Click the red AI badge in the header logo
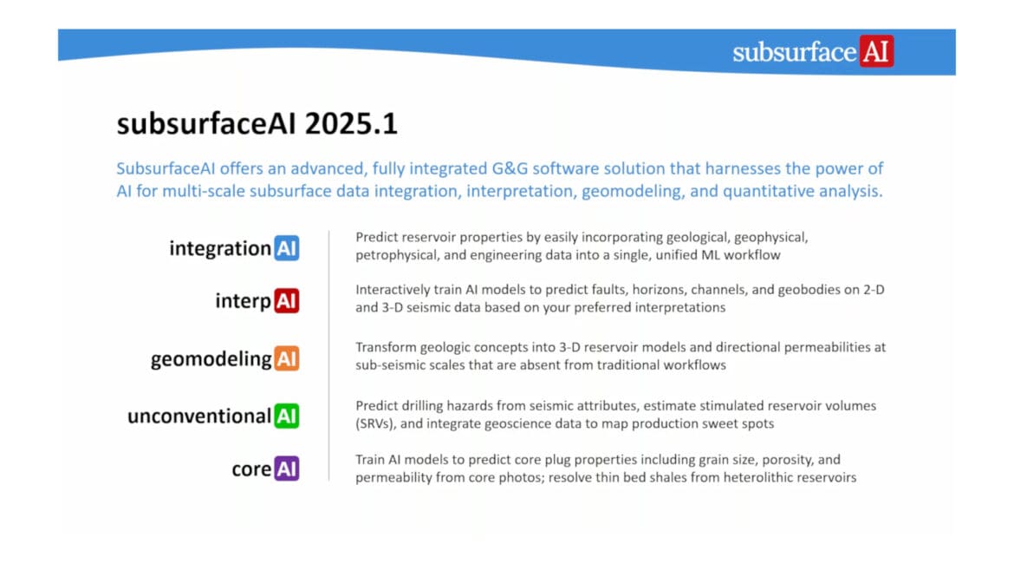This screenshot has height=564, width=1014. pyautogui.click(x=876, y=51)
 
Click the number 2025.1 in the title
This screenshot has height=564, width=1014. pyautogui.click(x=351, y=124)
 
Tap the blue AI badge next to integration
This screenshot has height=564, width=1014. pyautogui.click(x=287, y=248)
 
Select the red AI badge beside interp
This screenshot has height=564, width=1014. pyautogui.click(x=287, y=300)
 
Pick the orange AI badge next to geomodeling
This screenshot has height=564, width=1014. pyautogui.click(x=287, y=358)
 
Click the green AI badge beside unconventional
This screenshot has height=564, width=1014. pyautogui.click(x=287, y=416)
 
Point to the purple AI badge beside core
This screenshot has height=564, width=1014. pyautogui.click(x=287, y=469)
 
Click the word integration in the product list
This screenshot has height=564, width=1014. pyautogui.click(x=220, y=249)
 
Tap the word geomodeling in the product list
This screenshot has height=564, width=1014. pyautogui.click(x=211, y=359)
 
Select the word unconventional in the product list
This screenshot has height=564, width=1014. pyautogui.click(x=199, y=416)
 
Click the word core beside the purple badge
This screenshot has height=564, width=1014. pyautogui.click(x=251, y=469)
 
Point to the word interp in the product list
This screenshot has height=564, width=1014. pyautogui.click(x=244, y=301)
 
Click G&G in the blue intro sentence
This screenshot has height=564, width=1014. pyautogui.click(x=510, y=168)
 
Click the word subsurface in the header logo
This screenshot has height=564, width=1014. pyautogui.click(x=795, y=52)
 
